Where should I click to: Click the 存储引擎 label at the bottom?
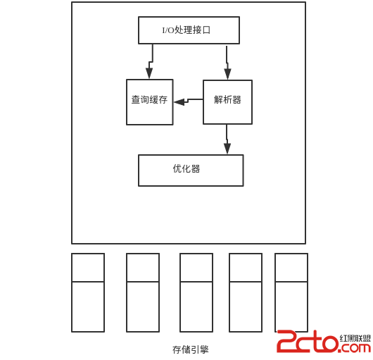(x=191, y=349)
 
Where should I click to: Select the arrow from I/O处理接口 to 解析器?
(x=227, y=63)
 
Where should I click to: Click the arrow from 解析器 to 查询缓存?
(x=189, y=101)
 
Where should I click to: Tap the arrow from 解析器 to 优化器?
(x=227, y=139)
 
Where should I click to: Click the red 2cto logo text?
(x=308, y=341)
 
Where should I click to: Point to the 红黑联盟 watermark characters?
(x=355, y=338)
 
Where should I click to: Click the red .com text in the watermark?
(x=354, y=348)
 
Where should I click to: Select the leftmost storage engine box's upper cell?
(x=88, y=268)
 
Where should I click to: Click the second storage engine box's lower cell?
(x=143, y=306)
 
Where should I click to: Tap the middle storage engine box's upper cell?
(x=196, y=268)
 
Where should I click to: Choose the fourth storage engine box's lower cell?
(x=246, y=306)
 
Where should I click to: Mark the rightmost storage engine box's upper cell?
(x=291, y=268)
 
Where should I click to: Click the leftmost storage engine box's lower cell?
(x=88, y=306)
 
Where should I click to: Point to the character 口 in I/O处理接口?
(x=206, y=30)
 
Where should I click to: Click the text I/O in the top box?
(x=168, y=30)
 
